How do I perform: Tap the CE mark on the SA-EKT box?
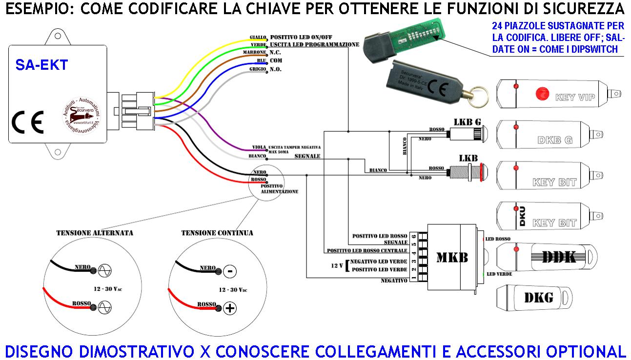[28, 122]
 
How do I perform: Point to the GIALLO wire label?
[258, 37]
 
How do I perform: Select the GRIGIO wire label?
[258, 69]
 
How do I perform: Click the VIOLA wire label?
[259, 147]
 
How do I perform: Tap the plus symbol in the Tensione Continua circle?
[229, 308]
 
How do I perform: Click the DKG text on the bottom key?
[539, 297]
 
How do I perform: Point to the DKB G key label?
[555, 140]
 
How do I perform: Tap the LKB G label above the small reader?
[467, 121]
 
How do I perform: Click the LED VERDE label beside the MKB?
[499, 274]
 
